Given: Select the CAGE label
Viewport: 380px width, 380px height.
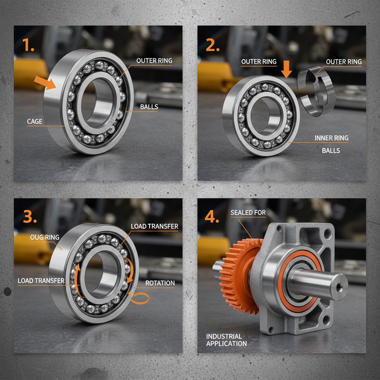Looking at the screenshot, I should (35, 121).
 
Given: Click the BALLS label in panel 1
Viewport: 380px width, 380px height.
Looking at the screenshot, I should (149, 107).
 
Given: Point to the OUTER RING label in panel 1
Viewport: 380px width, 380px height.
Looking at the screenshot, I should (154, 60).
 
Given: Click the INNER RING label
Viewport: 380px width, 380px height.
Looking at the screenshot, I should (331, 138).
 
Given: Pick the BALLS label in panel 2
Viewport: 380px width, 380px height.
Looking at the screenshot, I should (331, 151).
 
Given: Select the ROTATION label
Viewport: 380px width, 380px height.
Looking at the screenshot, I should (160, 283).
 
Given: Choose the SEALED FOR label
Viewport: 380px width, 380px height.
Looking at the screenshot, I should (248, 213).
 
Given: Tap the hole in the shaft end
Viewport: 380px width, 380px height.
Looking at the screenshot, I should (339, 287).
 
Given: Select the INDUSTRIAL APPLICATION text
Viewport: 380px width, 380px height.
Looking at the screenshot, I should (226, 340).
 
